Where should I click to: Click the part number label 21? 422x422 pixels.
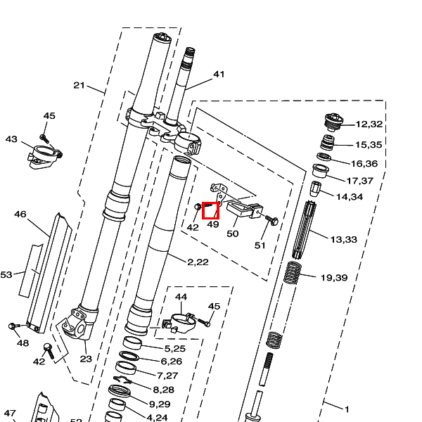pos(79,86)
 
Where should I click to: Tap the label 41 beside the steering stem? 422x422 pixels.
pos(219,74)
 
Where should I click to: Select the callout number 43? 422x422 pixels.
pos(11,139)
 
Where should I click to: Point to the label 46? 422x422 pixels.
pos(20,214)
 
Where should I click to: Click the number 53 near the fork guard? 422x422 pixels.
pos(6,274)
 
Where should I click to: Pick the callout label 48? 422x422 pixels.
pos(23,343)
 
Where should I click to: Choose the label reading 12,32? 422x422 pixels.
pos(369,124)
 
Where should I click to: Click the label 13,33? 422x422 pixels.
pos(344,239)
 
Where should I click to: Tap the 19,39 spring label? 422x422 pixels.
pos(334,278)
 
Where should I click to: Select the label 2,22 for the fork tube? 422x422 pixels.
pos(198,262)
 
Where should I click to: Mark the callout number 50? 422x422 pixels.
pos(233,233)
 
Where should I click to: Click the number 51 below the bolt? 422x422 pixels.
pos(260,245)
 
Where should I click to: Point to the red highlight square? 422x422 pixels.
pos(211,210)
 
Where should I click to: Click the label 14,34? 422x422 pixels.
pos(350,196)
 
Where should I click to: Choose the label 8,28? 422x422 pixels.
pos(163,389)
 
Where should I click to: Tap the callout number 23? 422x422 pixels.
pos(86,359)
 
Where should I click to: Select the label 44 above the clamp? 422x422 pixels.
pos(181,298)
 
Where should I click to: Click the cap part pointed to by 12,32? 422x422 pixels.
pos(333,122)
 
